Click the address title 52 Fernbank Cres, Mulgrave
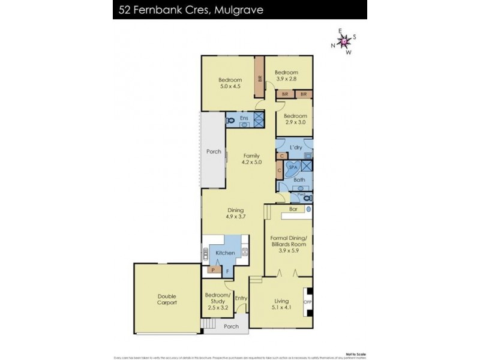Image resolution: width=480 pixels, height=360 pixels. pyautogui.click(x=188, y=10)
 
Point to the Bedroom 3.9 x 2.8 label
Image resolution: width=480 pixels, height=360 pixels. pyautogui.click(x=286, y=75)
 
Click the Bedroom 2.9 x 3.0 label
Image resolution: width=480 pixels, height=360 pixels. pyautogui.click(x=295, y=119)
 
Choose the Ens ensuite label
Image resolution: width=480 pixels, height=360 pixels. pyautogui.click(x=244, y=119)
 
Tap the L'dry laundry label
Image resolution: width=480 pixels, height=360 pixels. pyautogui.click(x=295, y=147)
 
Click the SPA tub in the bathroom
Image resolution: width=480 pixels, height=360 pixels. pyautogui.click(x=293, y=168)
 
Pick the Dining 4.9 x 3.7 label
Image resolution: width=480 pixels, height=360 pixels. pyautogui.click(x=235, y=213)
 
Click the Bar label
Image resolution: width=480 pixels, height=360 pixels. pyautogui.click(x=293, y=209)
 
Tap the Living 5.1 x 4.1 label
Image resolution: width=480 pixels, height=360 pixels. pyautogui.click(x=281, y=304)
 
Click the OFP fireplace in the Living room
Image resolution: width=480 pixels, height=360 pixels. pyautogui.click(x=308, y=301)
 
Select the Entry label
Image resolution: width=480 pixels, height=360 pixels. pyautogui.click(x=241, y=298)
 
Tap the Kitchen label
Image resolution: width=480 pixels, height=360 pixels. pyautogui.click(x=225, y=253)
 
